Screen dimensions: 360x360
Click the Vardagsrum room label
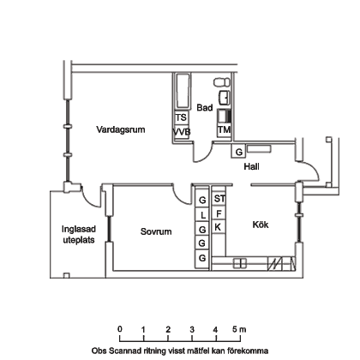click(121, 129)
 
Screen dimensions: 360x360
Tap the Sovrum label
click(156, 231)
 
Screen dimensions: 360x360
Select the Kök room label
click(261, 225)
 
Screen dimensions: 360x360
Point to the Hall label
click(251, 166)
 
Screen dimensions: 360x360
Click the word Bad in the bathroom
click(205, 108)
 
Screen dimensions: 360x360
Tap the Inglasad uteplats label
click(79, 234)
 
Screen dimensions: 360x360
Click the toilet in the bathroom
click(221, 82)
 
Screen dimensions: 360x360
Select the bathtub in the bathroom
click(182, 91)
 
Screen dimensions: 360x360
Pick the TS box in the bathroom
click(182, 117)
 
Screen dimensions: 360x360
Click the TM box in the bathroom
click(224, 130)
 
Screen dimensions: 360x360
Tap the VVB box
click(182, 132)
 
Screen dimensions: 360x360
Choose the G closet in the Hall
click(238, 152)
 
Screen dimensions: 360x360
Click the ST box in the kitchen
click(219, 199)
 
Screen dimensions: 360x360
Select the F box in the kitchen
click(219, 213)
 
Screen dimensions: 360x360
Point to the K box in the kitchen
click(219, 227)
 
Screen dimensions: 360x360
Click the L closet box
click(202, 214)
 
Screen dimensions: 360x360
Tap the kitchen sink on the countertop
click(240, 263)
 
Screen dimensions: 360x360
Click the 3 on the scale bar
click(192, 330)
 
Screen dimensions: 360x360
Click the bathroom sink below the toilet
click(224, 98)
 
